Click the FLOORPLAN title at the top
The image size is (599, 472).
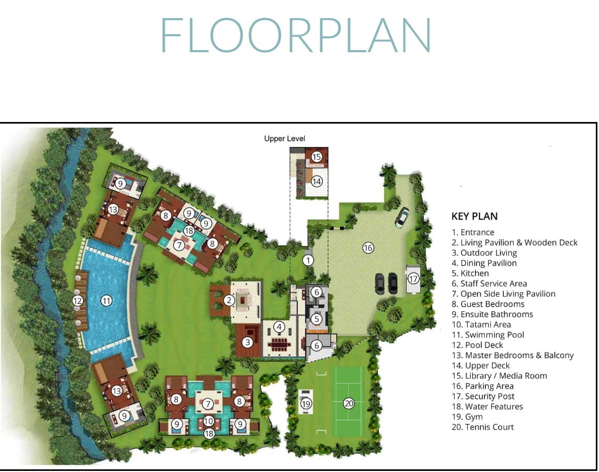[x=296, y=35]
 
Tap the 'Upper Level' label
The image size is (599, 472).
[x=285, y=139]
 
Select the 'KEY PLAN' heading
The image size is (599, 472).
[x=474, y=216]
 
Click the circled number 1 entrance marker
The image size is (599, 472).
[x=308, y=261]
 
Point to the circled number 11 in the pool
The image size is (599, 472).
[x=106, y=301]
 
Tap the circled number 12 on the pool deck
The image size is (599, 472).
[x=78, y=301]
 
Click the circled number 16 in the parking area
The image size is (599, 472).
[x=368, y=248]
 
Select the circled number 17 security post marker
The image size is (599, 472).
[x=413, y=279]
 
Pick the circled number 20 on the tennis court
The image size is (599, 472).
[x=349, y=403]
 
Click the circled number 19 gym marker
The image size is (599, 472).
[x=306, y=404]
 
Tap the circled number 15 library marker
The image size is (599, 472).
[x=317, y=157]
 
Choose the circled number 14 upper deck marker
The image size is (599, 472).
[x=317, y=181]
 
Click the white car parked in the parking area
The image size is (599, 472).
[x=402, y=217]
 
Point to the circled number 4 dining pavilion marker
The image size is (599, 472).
[x=279, y=327]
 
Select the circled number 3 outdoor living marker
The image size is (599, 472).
[x=248, y=342]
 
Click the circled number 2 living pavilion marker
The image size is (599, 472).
[x=229, y=300]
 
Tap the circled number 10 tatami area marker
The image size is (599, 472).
[x=208, y=421]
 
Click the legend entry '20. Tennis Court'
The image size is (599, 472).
[x=482, y=427]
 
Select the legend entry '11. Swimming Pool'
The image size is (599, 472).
[x=488, y=335]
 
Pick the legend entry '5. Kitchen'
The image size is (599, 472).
[x=470, y=273]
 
